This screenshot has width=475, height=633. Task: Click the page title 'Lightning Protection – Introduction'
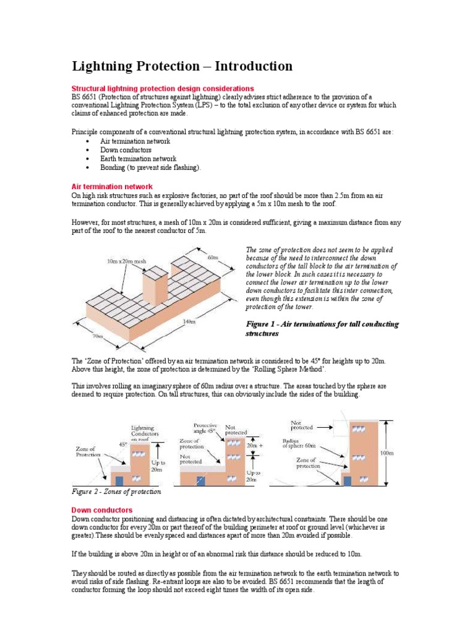tap(182, 66)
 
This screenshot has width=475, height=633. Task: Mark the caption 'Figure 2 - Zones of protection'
tap(117, 491)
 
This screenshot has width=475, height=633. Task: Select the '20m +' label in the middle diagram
tap(255, 444)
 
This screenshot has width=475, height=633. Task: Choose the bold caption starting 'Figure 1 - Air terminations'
tap(322, 328)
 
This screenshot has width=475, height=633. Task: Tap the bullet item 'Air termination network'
tap(134, 141)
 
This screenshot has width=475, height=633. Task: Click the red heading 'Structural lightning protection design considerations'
tap(163, 88)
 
